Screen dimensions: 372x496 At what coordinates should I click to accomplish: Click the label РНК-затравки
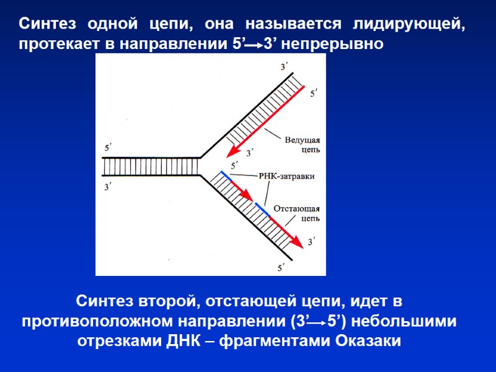(x=286, y=176)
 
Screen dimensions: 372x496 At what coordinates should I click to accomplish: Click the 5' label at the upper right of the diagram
(x=314, y=92)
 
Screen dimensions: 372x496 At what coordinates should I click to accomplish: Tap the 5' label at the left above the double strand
(x=108, y=148)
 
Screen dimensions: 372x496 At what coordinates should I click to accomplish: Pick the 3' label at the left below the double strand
(x=108, y=186)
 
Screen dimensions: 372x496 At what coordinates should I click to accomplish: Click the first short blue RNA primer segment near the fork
(x=224, y=177)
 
